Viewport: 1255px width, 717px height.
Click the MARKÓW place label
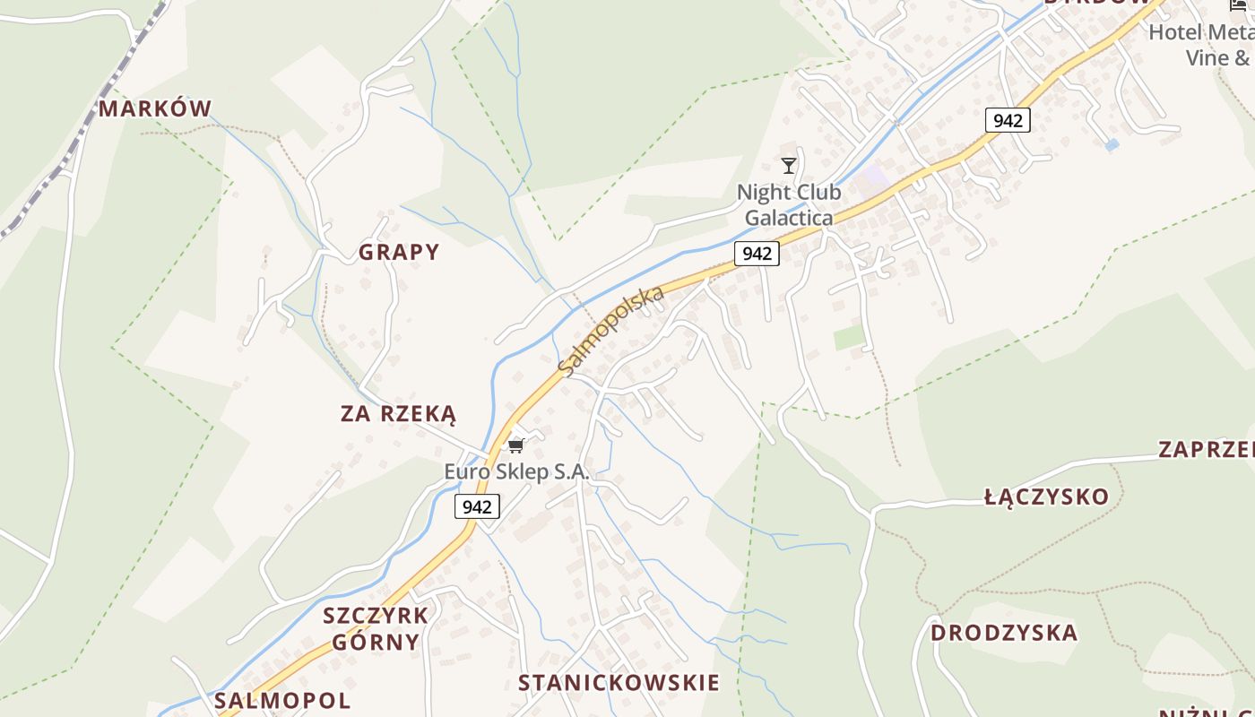[x=154, y=109]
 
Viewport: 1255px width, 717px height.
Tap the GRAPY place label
[x=399, y=252]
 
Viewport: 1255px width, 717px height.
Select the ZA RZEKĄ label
[x=398, y=414]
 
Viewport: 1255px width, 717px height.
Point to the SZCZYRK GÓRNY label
[x=376, y=628]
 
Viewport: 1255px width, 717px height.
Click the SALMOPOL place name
[x=282, y=700]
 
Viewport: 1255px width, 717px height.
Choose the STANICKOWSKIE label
[x=619, y=683]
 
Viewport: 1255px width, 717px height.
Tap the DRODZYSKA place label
[x=1003, y=633]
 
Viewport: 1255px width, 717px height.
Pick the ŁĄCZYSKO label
[x=1046, y=497]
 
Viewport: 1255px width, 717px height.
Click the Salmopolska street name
[x=610, y=331]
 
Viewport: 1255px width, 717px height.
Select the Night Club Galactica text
[x=789, y=205]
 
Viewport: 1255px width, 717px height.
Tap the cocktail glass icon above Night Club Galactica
[x=789, y=166]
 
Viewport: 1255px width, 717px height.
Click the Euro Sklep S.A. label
[x=517, y=472]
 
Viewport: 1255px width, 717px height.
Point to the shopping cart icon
[x=515, y=445]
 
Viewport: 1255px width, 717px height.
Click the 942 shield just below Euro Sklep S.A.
[x=477, y=507]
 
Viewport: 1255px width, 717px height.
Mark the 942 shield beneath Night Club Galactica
[x=757, y=254]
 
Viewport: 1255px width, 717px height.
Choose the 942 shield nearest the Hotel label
[x=1008, y=120]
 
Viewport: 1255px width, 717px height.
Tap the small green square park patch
[x=849, y=337]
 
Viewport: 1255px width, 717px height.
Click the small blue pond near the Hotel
[x=1112, y=144]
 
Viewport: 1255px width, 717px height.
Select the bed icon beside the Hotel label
[x=1240, y=5]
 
